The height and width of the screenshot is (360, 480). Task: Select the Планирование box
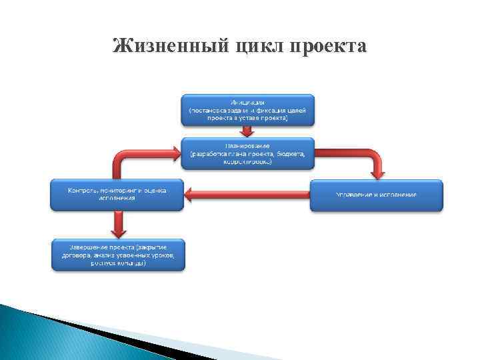point(247,153)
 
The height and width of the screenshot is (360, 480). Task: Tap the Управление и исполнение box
point(376,195)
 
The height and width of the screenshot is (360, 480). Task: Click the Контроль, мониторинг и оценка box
point(117,194)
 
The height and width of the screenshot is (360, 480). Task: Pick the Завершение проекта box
point(118,254)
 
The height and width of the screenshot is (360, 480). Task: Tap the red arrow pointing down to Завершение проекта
point(119,224)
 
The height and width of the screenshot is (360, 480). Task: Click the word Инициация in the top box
point(247,101)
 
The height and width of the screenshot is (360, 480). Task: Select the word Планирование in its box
point(247,145)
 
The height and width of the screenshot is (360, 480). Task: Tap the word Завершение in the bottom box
point(80,247)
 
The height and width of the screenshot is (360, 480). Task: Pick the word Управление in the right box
point(353,195)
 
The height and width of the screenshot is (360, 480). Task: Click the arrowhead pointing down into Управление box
point(378,174)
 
